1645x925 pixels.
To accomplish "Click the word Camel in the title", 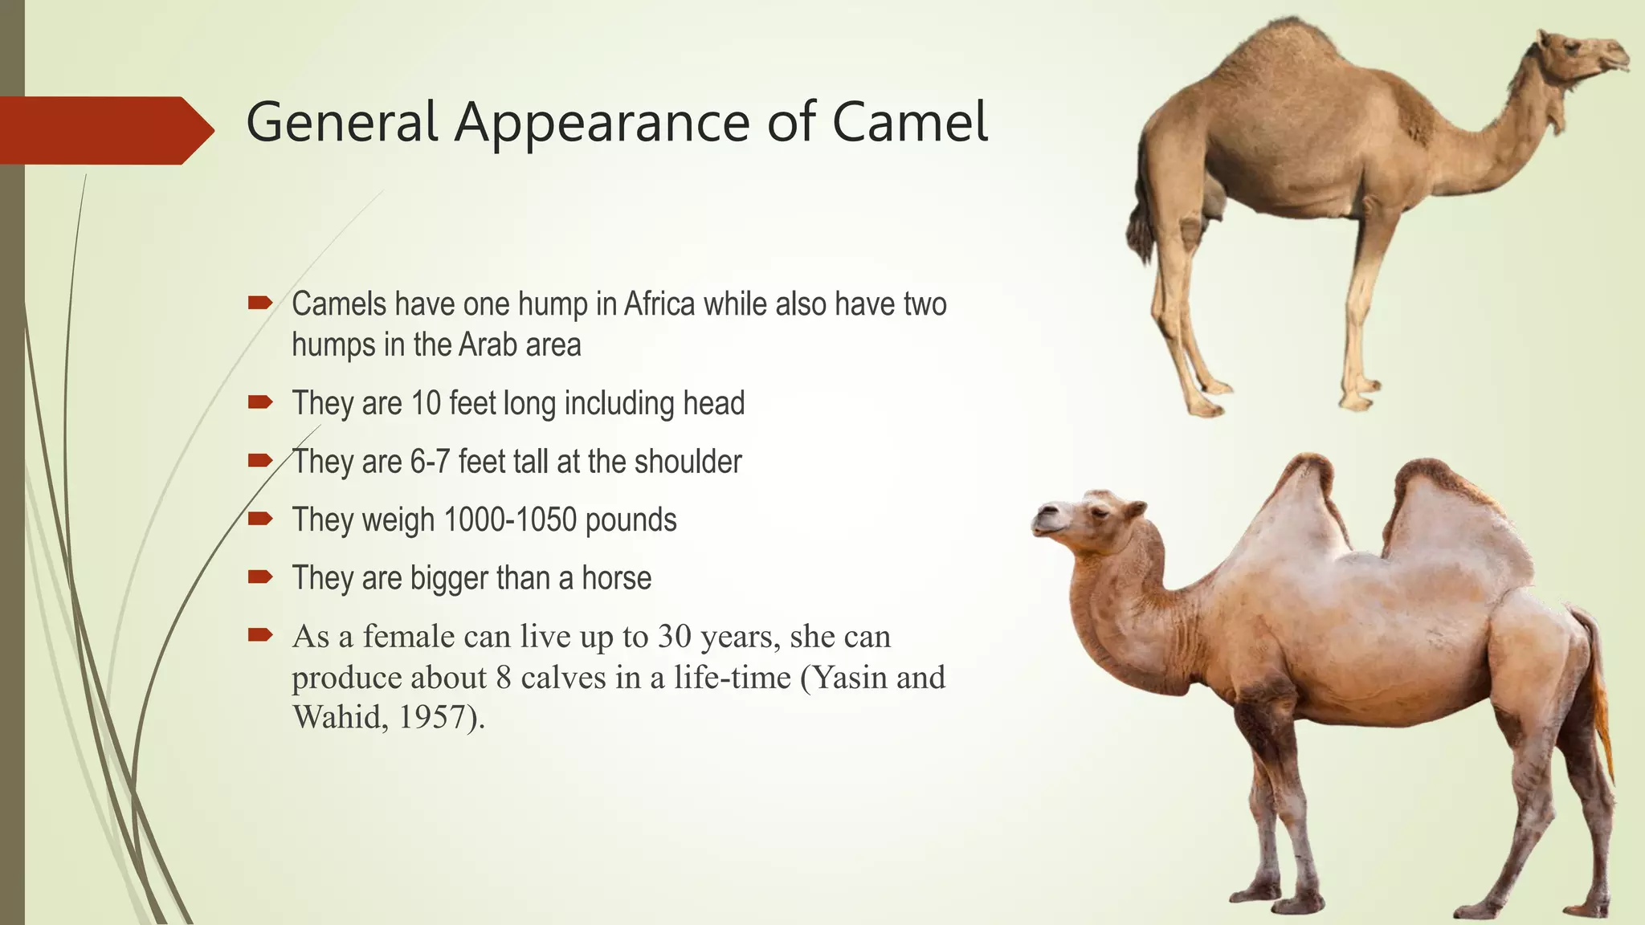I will tap(909, 122).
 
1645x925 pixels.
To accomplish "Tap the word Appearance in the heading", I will tap(603, 124).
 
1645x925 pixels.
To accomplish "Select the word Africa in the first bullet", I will tap(659, 304).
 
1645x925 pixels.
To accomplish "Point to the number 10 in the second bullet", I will tap(426, 403).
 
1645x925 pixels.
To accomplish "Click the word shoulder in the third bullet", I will tap(688, 462).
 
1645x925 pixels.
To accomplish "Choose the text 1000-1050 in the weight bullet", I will tap(510, 520).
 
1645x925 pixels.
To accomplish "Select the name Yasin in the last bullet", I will tap(849, 678).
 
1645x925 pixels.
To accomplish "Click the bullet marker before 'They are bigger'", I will tap(260, 577).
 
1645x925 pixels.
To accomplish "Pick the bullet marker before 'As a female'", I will tap(260, 635).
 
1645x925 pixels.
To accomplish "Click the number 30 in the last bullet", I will tap(674, 637).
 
